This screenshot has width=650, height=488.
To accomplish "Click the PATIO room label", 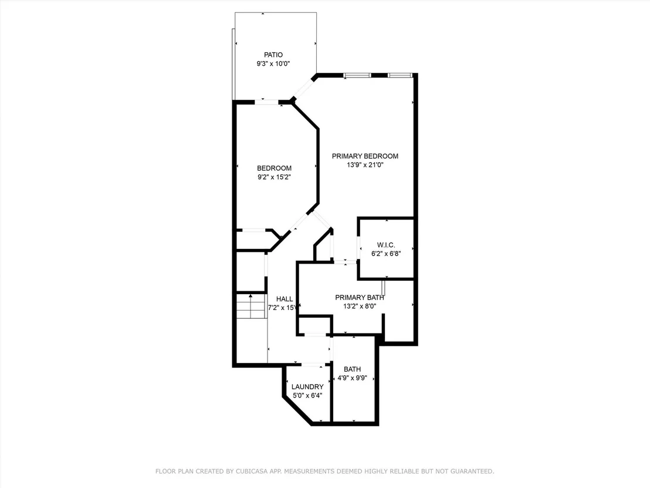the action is pos(273,55).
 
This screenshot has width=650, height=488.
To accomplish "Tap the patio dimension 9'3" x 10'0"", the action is pos(273,64).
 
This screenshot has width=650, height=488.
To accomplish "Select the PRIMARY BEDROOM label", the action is pos(365,156).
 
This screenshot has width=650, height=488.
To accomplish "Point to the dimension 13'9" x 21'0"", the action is pos(365,165).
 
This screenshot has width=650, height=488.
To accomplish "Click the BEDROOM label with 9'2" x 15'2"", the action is pos(274,168).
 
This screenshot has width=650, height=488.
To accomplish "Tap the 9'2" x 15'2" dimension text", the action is pos(274,177).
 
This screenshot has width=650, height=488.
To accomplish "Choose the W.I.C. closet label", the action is pos(386,245).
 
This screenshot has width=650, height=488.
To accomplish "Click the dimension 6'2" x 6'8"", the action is pos(386,254).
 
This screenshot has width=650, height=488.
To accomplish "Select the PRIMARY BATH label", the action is pos(360,298).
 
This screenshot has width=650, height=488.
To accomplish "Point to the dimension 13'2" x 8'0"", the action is pos(360,306).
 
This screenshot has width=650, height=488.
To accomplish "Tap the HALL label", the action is pos(285,299).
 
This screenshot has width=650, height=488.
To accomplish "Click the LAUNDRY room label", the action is pos(307,387).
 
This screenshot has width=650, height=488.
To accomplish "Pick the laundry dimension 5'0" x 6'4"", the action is pos(307,396).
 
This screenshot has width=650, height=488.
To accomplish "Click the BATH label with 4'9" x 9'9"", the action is pos(352,369).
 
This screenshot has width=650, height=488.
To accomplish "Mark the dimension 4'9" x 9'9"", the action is pos(352,378).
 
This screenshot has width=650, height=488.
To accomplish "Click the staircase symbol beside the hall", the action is pos(251,306).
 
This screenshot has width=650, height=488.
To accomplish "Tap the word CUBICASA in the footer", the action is pos(252,472).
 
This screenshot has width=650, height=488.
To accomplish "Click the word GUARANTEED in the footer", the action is pos(470,472).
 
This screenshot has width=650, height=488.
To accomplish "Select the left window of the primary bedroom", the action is pos(357,75).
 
